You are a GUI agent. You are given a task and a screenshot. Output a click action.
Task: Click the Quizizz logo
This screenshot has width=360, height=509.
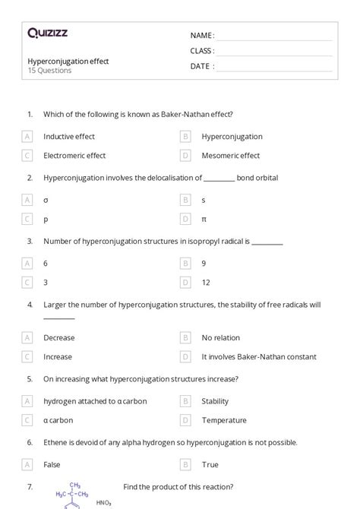[x=47, y=33]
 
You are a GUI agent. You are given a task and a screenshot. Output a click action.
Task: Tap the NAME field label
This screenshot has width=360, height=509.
[x=201, y=36]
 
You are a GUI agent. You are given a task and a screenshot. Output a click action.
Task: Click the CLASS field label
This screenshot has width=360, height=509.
[x=202, y=51]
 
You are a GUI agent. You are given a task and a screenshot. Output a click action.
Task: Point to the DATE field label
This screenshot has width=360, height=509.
[x=201, y=66]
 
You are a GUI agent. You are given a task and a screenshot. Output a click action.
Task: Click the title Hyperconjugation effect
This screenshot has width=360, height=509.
[x=68, y=61]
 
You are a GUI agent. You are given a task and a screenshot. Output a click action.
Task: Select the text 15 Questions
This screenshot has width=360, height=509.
[x=49, y=71]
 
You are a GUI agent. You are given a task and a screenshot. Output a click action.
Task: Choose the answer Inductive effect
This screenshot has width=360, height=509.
[x=69, y=137]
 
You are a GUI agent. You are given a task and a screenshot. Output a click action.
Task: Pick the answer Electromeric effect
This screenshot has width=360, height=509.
[x=74, y=156]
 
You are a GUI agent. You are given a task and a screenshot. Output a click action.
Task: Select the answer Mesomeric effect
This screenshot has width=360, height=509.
[x=230, y=156]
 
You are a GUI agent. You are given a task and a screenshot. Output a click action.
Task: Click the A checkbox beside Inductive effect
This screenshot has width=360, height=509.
[x=27, y=137]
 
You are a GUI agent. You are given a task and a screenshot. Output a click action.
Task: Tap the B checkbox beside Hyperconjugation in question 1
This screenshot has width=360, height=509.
[x=185, y=137]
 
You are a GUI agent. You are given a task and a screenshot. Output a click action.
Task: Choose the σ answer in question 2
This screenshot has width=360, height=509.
[x=46, y=200]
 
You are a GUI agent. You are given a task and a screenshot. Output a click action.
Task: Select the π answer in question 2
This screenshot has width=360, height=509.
[x=204, y=219]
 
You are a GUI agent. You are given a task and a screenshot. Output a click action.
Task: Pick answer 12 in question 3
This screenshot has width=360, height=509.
[x=206, y=283]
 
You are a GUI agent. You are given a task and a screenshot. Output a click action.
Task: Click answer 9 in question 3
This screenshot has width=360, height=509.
[x=204, y=264]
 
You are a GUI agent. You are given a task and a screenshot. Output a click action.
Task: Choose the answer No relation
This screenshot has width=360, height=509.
[x=220, y=338]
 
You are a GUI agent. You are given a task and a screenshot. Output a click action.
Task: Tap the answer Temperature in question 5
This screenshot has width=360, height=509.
[x=224, y=420]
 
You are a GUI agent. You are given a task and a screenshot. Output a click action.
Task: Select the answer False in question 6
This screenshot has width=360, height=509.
[x=52, y=465]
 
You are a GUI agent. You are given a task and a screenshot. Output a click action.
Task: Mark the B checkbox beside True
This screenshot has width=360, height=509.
[x=185, y=465]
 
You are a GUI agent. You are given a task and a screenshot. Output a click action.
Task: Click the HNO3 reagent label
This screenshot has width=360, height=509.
[x=104, y=502]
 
